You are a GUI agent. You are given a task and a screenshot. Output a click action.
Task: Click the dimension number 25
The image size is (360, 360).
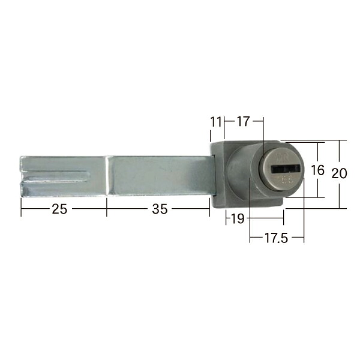(59, 209)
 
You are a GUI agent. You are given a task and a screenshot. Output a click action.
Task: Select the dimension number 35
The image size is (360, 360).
(160, 209)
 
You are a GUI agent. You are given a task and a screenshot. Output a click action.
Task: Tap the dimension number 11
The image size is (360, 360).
(216, 122)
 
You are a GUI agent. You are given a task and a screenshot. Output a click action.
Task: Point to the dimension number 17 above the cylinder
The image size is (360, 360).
(243, 121)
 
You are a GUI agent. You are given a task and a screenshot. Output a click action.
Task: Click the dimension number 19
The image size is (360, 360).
(238, 218)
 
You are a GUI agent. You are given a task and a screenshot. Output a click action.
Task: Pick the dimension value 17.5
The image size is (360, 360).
(276, 238)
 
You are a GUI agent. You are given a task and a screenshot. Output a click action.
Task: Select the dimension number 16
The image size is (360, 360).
(317, 170)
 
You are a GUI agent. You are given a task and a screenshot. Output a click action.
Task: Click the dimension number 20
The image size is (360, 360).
(340, 173)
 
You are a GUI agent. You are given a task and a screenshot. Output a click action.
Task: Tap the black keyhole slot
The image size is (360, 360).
(286, 169)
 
